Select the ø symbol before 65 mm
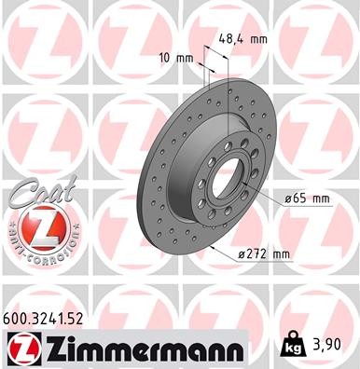[x=285, y=198]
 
